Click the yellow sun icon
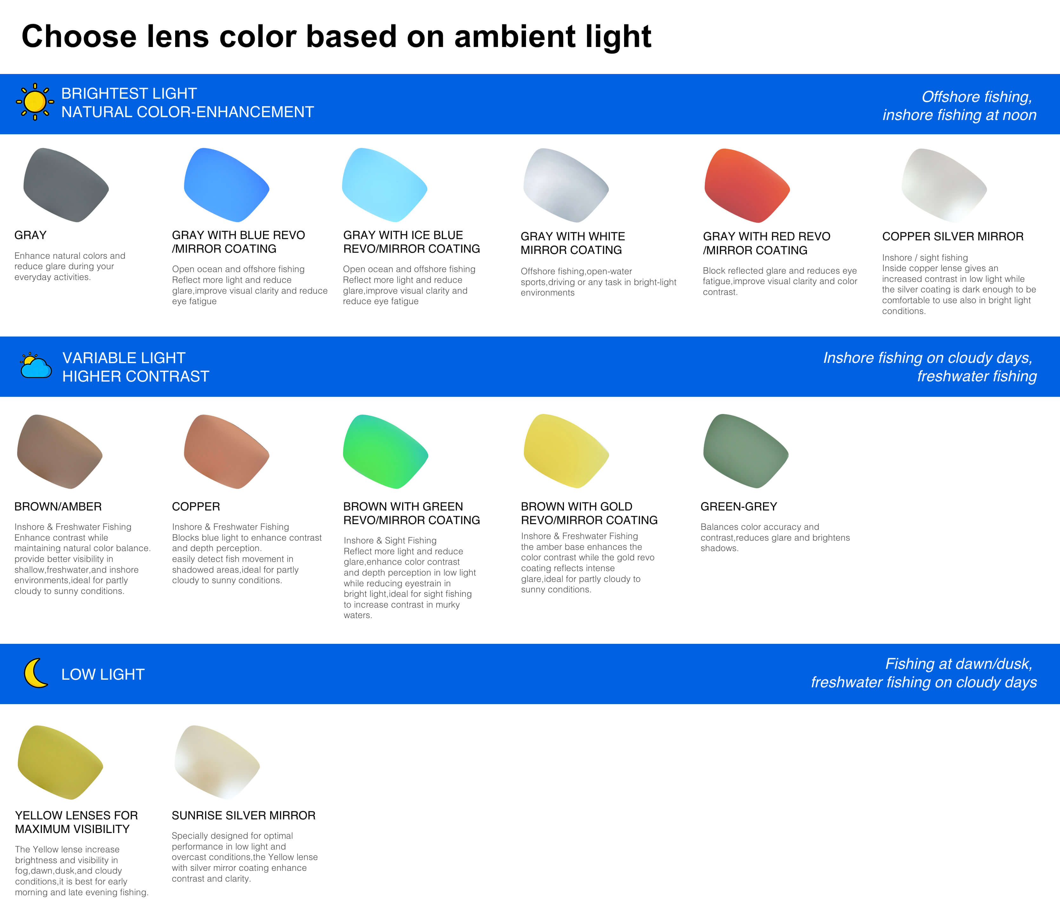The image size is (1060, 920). pyautogui.click(x=35, y=102)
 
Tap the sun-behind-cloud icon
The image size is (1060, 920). pyautogui.click(x=36, y=365)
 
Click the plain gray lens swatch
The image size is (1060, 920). pyautogui.click(x=66, y=185)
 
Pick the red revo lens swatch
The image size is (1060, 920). pyautogui.click(x=747, y=185)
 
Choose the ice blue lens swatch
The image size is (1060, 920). pyautogui.click(x=385, y=185)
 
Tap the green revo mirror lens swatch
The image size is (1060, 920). pyautogui.click(x=385, y=451)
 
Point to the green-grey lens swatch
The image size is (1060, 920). pyautogui.click(x=746, y=451)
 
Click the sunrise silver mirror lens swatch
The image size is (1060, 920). pyautogui.click(x=217, y=763)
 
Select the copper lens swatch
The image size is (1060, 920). pyautogui.click(x=226, y=451)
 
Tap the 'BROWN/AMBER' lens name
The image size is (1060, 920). pyautogui.click(x=58, y=507)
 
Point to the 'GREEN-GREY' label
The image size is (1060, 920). pyautogui.click(x=739, y=507)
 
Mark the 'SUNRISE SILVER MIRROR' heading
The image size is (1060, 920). pyautogui.click(x=244, y=815)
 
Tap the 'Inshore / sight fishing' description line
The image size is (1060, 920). pyautogui.click(x=925, y=258)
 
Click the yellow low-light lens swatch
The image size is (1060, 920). pyautogui.click(x=61, y=763)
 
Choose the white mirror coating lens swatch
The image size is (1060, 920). pyautogui.click(x=566, y=185)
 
